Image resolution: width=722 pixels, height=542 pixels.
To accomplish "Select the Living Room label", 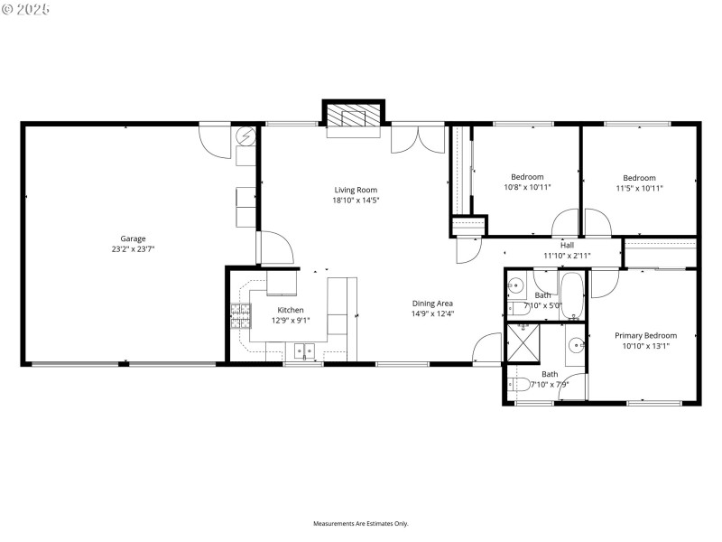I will (x=356, y=190).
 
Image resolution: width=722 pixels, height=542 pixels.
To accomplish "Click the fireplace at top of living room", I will (x=354, y=117).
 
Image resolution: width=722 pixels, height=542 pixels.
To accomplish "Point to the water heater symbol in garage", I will (x=245, y=137).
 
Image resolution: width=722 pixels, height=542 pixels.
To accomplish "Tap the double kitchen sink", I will (x=303, y=350).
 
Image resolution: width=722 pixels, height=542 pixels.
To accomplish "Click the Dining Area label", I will (x=432, y=304).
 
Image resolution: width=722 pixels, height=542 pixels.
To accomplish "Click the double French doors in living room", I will (x=418, y=138).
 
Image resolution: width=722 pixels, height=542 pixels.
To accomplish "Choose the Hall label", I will (x=567, y=245).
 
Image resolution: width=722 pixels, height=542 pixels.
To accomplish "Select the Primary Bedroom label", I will (x=645, y=335).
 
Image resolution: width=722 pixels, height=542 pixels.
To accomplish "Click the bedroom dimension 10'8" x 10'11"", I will (x=527, y=187).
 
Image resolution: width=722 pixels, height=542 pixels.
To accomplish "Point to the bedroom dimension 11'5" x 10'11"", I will (x=639, y=188).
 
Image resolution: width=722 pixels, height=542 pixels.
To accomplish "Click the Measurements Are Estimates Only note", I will (x=361, y=523).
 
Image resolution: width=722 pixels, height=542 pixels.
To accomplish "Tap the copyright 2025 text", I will (x=26, y=8).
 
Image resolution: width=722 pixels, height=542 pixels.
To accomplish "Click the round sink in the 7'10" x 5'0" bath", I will (x=515, y=285).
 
